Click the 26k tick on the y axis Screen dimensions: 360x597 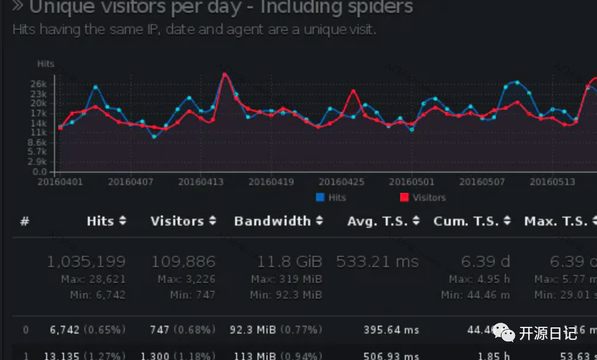[47, 84]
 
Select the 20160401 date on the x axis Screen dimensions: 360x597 [60, 182]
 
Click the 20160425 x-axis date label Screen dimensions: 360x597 [341, 182]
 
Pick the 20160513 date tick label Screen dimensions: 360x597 [552, 182]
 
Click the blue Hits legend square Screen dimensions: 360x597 [320, 197]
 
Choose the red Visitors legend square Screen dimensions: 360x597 [404, 197]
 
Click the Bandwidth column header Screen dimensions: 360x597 [272, 221]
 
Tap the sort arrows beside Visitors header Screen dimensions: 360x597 [212, 221]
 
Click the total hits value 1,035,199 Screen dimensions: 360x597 [86, 262]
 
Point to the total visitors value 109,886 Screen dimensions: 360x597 [183, 262]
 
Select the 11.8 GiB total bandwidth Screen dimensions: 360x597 [290, 262]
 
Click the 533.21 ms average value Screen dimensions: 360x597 [377, 262]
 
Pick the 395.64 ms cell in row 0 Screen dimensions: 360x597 [391, 330]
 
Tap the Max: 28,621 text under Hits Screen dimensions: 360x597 [94, 279]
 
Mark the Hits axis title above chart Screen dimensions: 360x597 [46, 64]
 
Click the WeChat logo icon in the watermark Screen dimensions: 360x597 [504, 334]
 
